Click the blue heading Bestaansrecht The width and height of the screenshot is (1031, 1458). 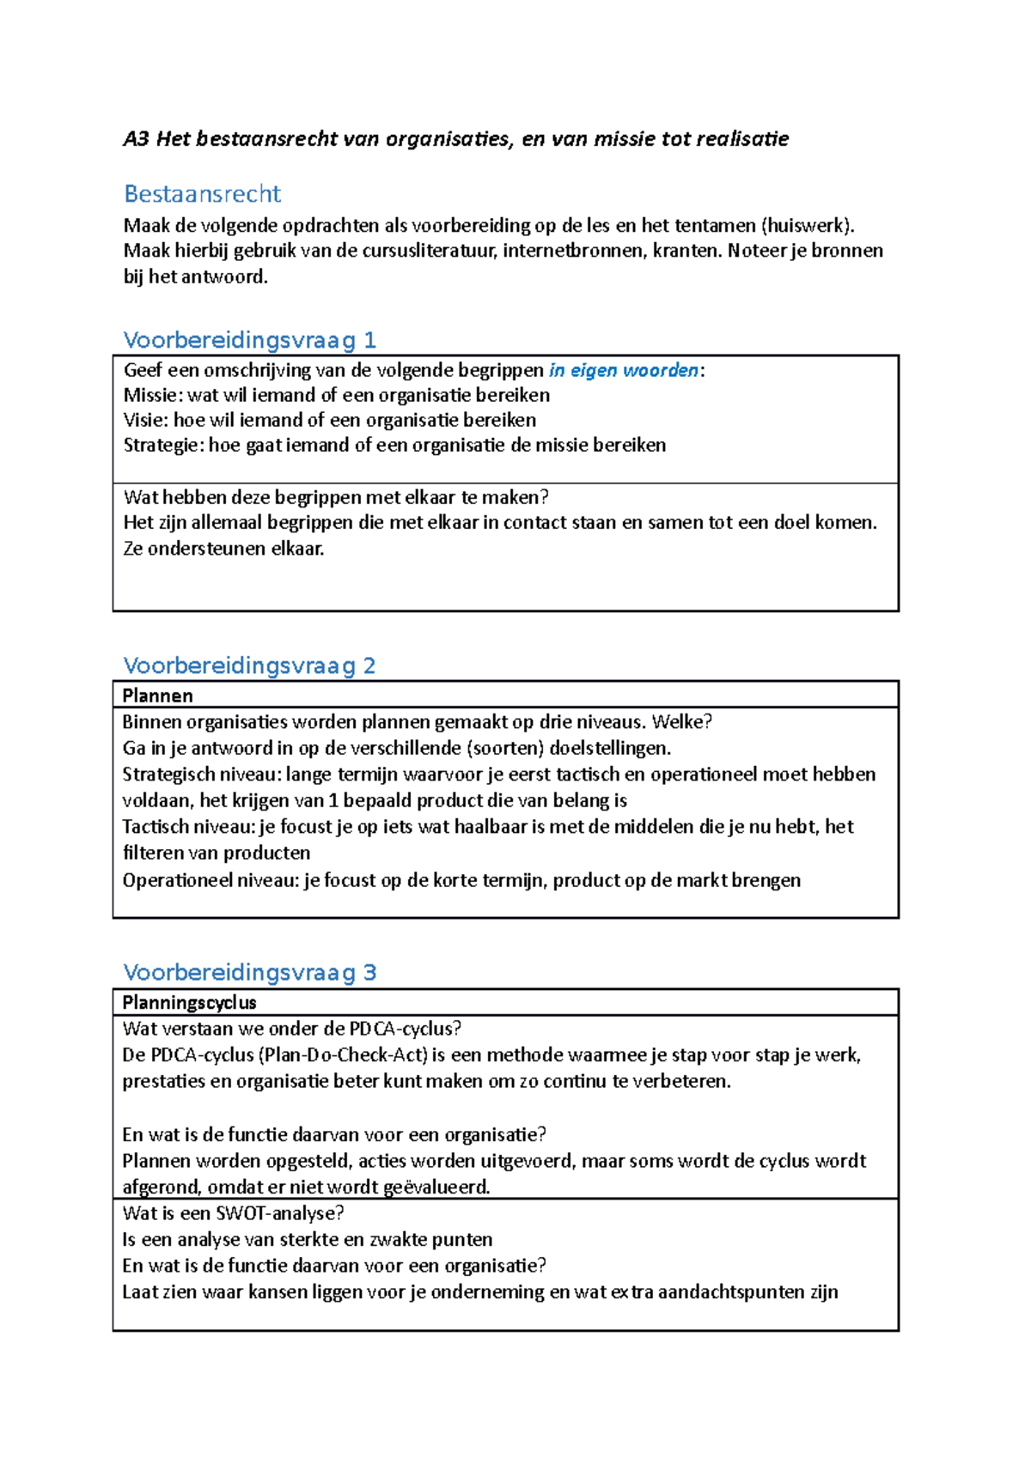click(x=202, y=194)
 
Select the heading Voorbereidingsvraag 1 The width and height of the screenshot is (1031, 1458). click(x=249, y=340)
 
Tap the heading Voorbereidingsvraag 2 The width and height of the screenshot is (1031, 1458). click(x=249, y=665)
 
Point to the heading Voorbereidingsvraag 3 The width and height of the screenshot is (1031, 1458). click(x=249, y=972)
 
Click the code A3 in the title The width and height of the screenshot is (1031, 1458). click(x=136, y=139)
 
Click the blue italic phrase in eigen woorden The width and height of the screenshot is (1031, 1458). click(x=624, y=370)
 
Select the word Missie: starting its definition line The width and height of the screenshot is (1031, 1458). click(x=153, y=395)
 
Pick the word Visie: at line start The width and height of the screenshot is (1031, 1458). click(x=146, y=420)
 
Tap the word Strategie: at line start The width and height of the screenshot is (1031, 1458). click(x=163, y=445)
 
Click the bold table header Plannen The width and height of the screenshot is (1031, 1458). click(x=157, y=696)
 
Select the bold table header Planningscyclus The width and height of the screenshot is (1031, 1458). click(x=189, y=1002)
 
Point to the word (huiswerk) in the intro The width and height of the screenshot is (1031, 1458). click(x=808, y=226)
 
